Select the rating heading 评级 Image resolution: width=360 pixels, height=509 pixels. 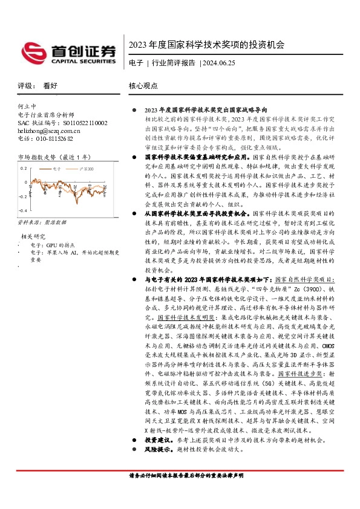click(25, 86)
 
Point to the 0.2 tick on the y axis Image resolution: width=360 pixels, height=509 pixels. click(24, 168)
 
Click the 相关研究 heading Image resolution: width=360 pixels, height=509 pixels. click(33, 236)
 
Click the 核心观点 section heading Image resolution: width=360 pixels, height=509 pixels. click(143, 86)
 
